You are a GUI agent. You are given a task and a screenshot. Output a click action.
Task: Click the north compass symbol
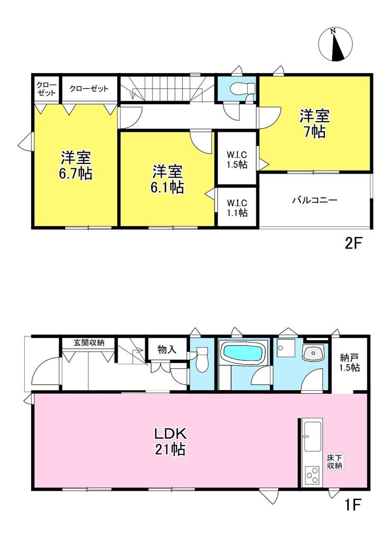click(335, 44)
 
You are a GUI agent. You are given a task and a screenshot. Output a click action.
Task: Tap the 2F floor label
click(352, 243)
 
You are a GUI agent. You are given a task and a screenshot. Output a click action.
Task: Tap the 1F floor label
click(352, 505)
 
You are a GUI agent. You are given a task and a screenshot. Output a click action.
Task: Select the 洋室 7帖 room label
click(315, 123)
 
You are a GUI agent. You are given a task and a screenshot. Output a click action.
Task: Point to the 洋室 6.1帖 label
click(167, 179)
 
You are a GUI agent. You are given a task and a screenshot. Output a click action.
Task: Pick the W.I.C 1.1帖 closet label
click(237, 208)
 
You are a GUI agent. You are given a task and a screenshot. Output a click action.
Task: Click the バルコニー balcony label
click(314, 200)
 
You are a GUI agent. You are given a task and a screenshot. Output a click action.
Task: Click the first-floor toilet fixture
click(202, 359)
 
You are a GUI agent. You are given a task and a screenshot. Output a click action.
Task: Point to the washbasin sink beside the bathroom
click(313, 353)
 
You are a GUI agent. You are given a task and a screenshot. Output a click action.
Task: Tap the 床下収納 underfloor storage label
click(336, 462)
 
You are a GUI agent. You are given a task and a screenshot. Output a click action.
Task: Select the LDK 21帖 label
click(170, 442)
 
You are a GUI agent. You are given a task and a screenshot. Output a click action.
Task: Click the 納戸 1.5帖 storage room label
click(349, 362)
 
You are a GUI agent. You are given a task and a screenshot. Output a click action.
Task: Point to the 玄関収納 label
click(89, 343)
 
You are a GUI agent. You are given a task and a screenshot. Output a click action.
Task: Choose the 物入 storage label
click(167, 349)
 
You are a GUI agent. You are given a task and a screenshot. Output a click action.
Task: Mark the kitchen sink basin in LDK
click(313, 436)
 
